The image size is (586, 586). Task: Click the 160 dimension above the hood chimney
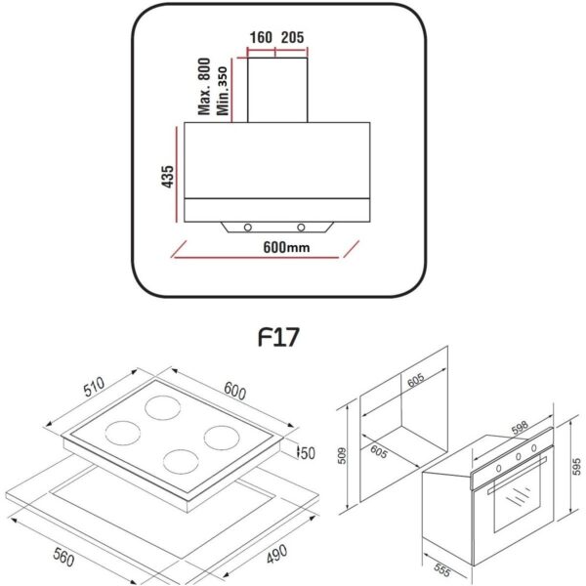click(x=261, y=38)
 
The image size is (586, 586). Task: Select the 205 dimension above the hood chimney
click(x=293, y=38)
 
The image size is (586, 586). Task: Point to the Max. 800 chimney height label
click(x=204, y=86)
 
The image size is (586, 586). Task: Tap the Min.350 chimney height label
click(x=222, y=91)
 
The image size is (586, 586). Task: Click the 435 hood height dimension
click(x=167, y=177)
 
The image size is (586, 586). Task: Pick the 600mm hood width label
click(x=286, y=247)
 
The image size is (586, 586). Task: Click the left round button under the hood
click(x=247, y=228)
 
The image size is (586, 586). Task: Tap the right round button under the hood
click(x=301, y=228)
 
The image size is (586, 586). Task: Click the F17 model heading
click(x=278, y=337)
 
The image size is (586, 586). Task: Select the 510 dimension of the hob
click(x=94, y=387)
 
